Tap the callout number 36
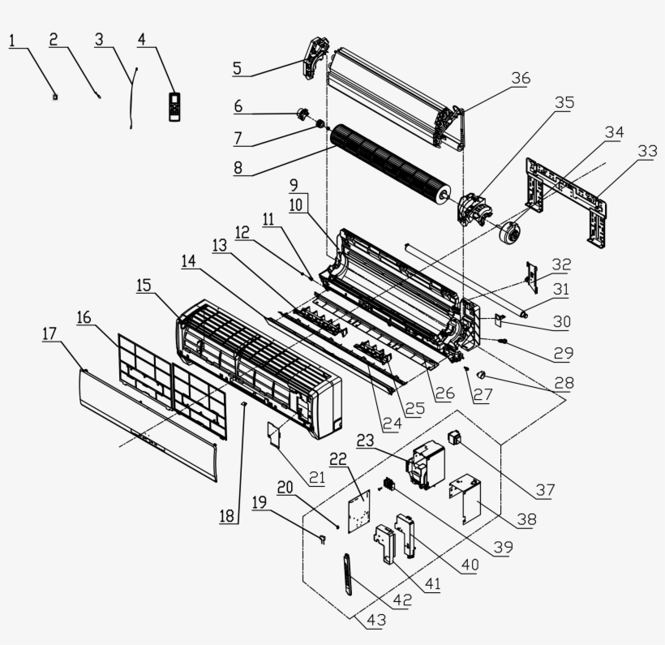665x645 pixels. coord(521,79)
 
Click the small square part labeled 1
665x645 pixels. coord(55,97)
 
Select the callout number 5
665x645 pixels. coord(237,67)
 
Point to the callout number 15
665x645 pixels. coord(144,286)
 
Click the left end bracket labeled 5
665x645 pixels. coord(314,55)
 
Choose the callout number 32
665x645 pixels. coord(561,264)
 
